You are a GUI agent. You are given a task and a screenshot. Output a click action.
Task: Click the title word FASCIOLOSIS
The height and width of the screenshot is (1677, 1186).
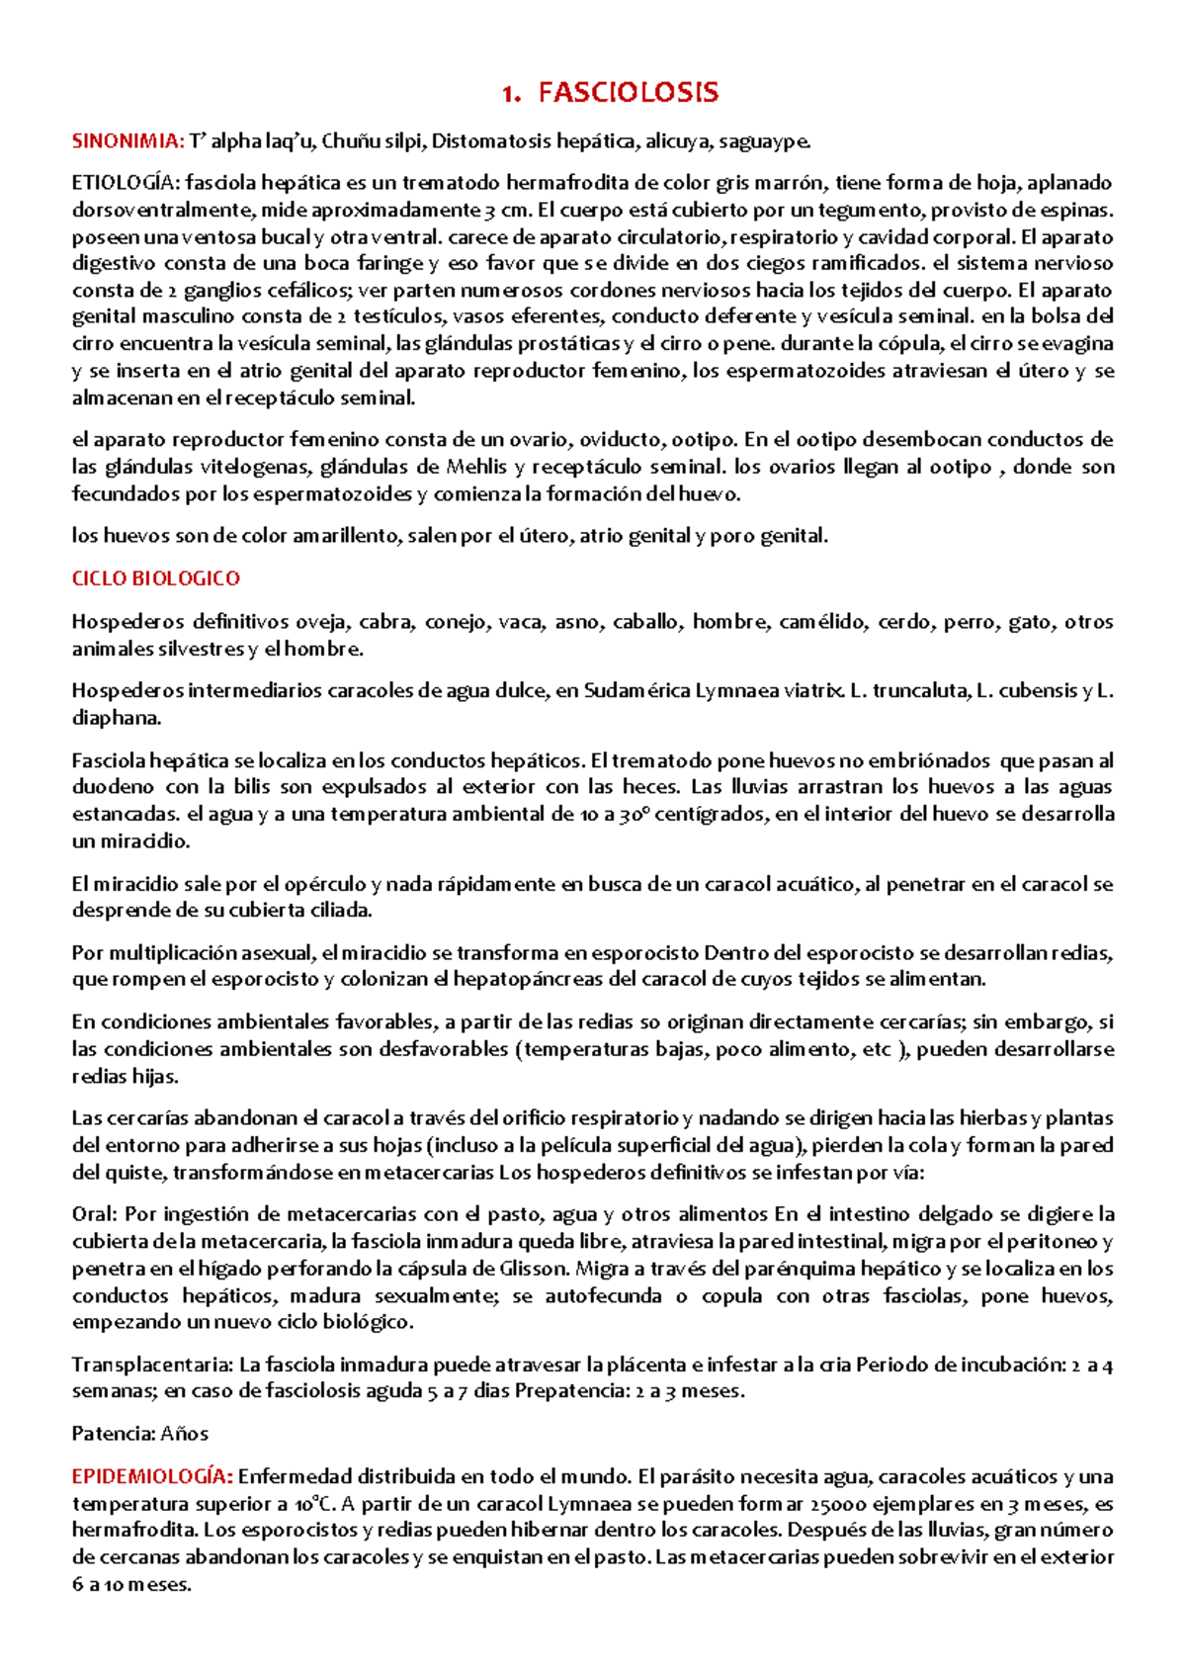tap(628, 94)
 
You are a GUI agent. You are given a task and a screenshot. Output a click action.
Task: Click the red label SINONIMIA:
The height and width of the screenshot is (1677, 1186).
tap(127, 141)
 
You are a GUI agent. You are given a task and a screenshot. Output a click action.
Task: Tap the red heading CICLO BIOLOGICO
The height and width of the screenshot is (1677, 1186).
tap(155, 578)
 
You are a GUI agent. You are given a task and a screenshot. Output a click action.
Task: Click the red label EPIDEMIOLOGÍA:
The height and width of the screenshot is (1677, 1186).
tap(152, 1477)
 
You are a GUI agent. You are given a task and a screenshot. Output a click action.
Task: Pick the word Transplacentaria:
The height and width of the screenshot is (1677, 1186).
tap(151, 1366)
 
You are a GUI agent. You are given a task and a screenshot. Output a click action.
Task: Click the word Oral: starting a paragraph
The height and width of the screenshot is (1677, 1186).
tap(95, 1214)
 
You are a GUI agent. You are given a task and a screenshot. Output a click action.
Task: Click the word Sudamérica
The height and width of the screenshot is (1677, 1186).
tap(636, 691)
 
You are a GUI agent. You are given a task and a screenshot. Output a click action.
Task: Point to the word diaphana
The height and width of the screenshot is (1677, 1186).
tap(114, 718)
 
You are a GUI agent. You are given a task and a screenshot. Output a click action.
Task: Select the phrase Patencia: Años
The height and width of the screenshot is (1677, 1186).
tap(139, 1434)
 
